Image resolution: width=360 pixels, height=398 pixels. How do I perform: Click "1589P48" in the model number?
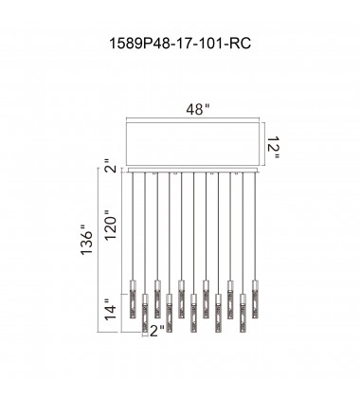(143, 44)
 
